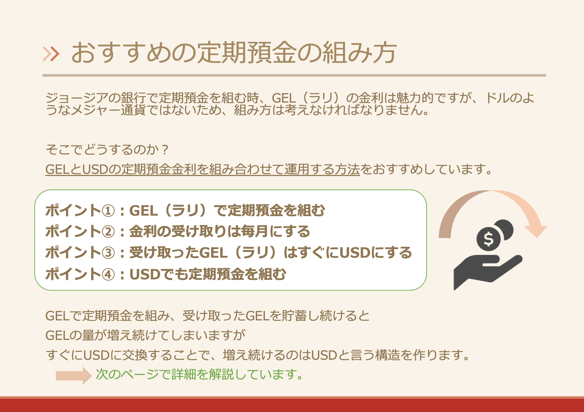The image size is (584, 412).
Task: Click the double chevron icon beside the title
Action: click(51, 54)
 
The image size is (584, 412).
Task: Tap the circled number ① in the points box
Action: click(108, 211)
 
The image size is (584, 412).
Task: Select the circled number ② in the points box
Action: click(108, 232)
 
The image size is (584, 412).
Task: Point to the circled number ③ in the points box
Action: click(108, 253)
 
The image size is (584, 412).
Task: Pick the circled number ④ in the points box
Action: click(108, 274)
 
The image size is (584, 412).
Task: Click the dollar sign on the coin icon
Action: click(488, 239)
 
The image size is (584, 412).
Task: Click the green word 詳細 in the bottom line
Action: click(184, 374)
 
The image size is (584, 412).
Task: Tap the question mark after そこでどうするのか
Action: click(165, 150)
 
